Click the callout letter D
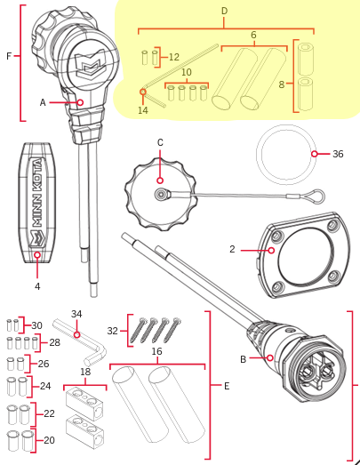[224, 11]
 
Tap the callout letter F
[8, 56]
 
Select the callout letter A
[42, 102]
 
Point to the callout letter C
[160, 141]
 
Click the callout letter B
[243, 359]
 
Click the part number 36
[338, 153]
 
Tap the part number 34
[76, 313]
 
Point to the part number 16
[156, 352]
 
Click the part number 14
[143, 110]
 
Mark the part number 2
[232, 250]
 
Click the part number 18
[85, 373]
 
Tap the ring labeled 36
[284, 153]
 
